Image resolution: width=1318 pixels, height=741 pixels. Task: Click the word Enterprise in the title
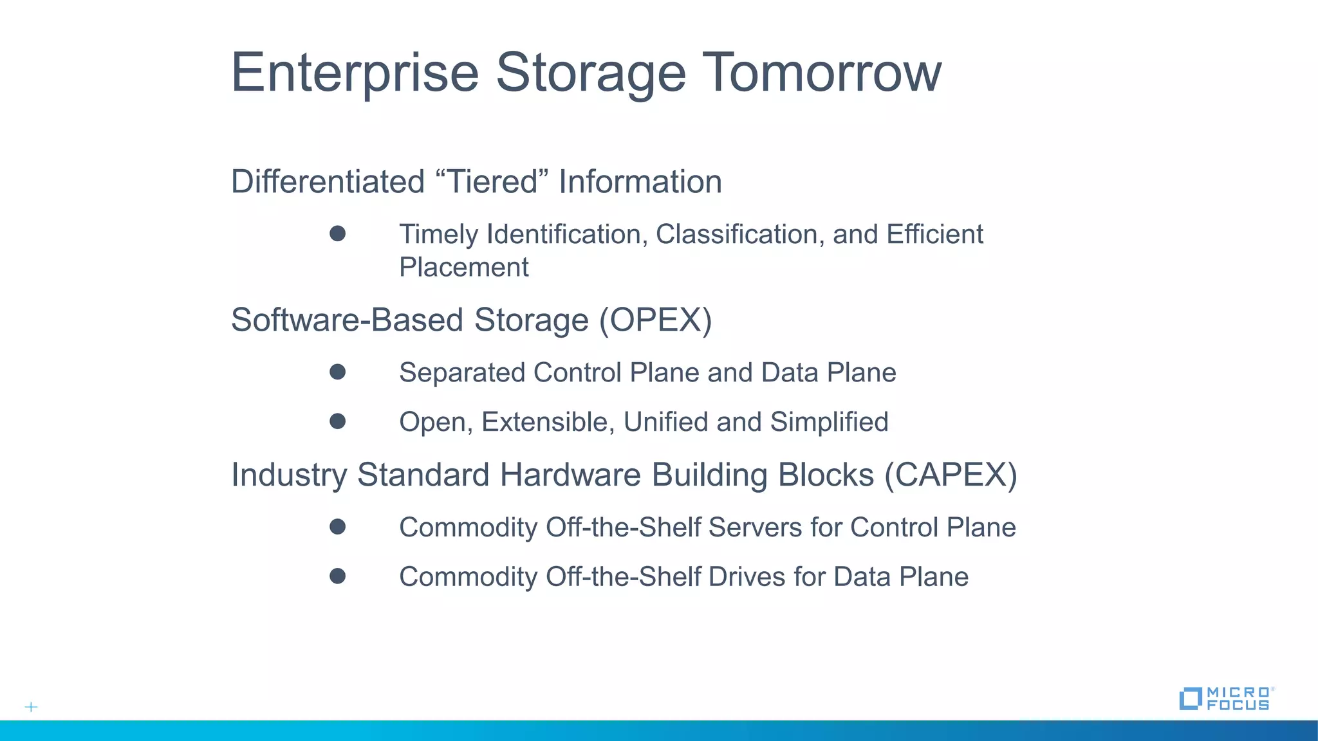point(355,72)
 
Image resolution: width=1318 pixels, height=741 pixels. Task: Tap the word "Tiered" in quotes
point(492,181)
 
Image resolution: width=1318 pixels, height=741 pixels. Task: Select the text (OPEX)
point(655,320)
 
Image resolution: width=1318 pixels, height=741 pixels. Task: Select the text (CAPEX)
point(951,475)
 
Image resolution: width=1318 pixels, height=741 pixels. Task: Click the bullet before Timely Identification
point(337,233)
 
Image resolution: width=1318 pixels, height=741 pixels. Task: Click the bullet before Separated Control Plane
point(337,372)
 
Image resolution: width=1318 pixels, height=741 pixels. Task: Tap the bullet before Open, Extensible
point(337,421)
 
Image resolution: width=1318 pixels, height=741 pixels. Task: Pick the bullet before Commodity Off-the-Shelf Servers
point(337,527)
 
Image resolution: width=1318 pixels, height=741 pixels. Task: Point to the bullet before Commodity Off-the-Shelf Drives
point(337,576)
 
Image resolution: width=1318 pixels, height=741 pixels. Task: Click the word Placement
point(463,267)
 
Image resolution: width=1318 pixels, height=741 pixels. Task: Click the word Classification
point(739,234)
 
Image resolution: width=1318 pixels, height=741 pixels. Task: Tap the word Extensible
point(548,422)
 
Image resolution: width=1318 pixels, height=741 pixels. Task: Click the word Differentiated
point(328,181)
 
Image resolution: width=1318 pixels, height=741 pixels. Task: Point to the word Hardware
point(570,475)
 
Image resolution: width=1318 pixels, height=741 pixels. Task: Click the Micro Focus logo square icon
point(1191,699)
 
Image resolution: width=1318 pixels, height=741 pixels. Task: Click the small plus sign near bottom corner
point(31,707)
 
